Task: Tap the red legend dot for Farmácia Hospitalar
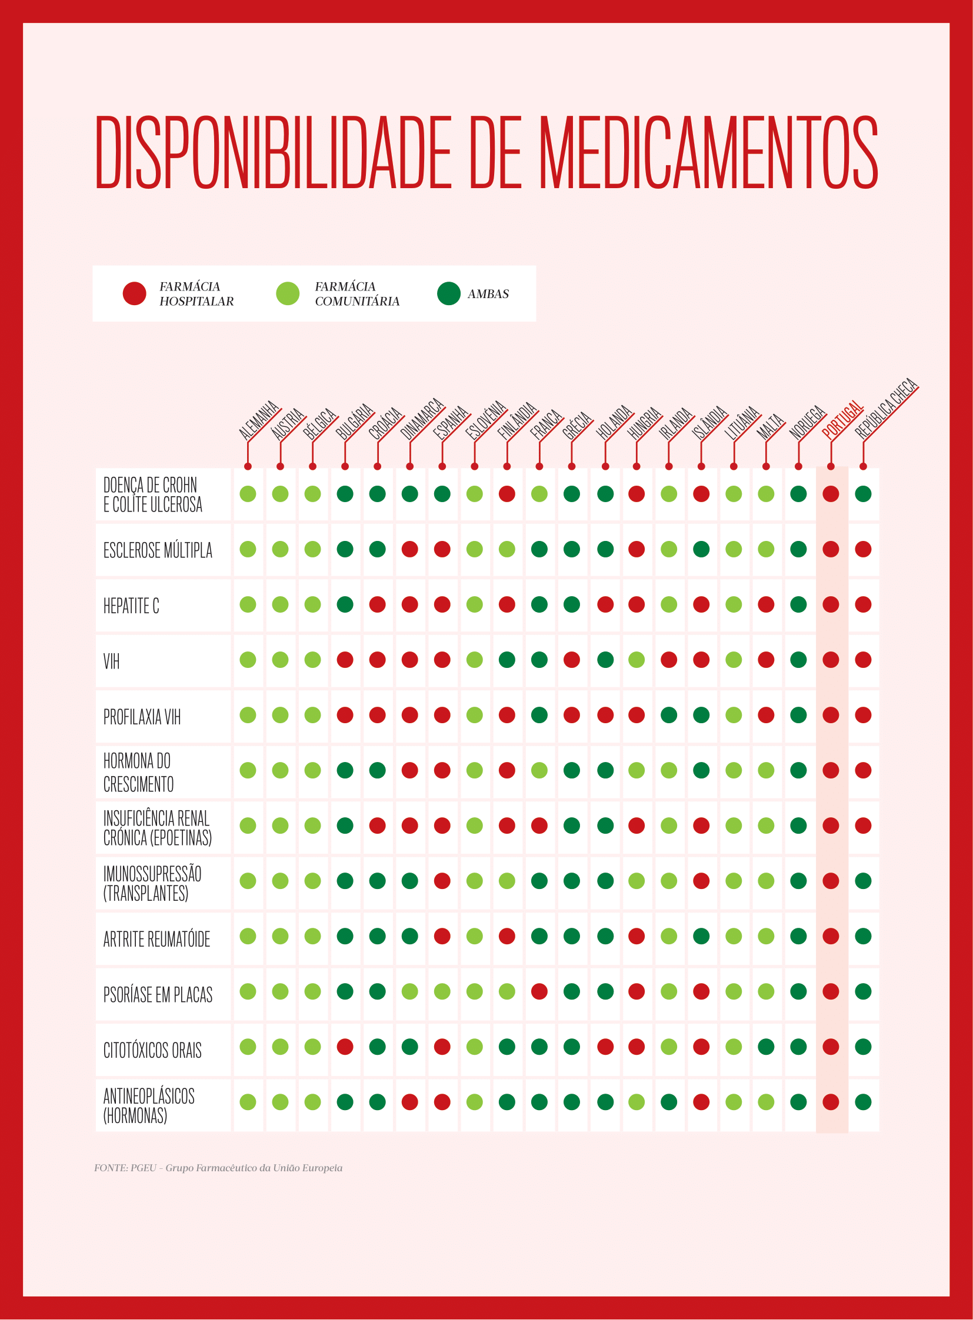[x=134, y=293]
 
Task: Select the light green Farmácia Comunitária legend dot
[x=288, y=293]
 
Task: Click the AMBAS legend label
[x=488, y=294]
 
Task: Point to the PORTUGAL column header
[x=843, y=419]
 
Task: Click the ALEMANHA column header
[x=259, y=420]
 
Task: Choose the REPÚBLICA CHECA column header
[x=887, y=409]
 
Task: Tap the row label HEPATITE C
[x=131, y=605]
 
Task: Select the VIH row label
[x=111, y=661]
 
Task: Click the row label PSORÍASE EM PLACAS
[x=158, y=994]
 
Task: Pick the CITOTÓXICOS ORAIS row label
[x=152, y=1050]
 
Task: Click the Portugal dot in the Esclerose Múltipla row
[x=831, y=549]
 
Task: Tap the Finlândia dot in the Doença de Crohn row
[x=507, y=494]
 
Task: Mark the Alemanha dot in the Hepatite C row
[x=248, y=604]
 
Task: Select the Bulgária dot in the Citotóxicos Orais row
[x=345, y=1047]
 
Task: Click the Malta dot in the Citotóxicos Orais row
[x=766, y=1047]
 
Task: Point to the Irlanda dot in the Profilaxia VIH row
[x=668, y=716]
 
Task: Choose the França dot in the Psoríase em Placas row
[x=539, y=991]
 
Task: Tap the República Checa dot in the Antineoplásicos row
[x=863, y=1102]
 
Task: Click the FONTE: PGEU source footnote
[x=218, y=1168]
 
